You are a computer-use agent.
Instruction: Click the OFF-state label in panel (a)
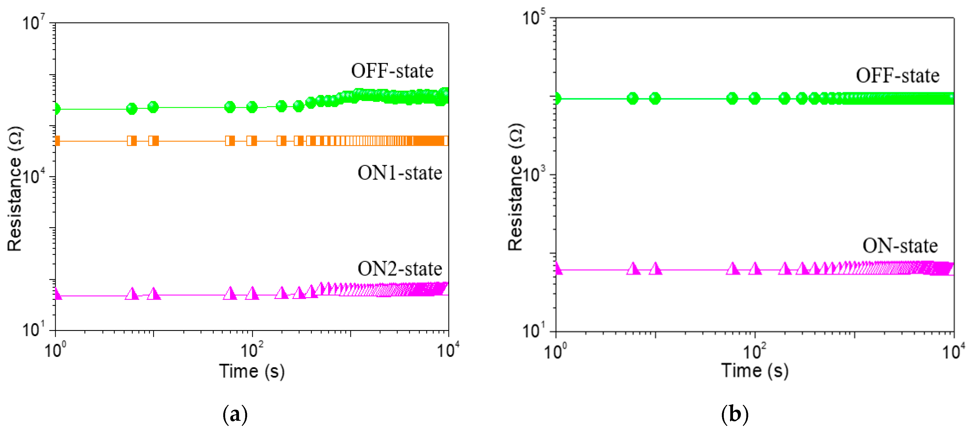pyautogui.click(x=392, y=71)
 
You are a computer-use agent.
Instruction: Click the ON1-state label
pyautogui.click(x=400, y=173)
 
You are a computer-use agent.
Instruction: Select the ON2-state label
pyautogui.click(x=400, y=269)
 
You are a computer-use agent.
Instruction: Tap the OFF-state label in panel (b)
pyautogui.click(x=897, y=75)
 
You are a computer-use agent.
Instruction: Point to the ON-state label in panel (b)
pyautogui.click(x=900, y=246)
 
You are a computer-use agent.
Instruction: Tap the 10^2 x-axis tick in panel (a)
pyautogui.click(x=252, y=350)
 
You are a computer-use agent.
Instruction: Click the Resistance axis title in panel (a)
pyautogui.click(x=15, y=189)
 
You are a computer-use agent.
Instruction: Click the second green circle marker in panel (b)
pyautogui.click(x=633, y=99)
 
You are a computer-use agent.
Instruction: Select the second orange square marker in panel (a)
pyautogui.click(x=132, y=141)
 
